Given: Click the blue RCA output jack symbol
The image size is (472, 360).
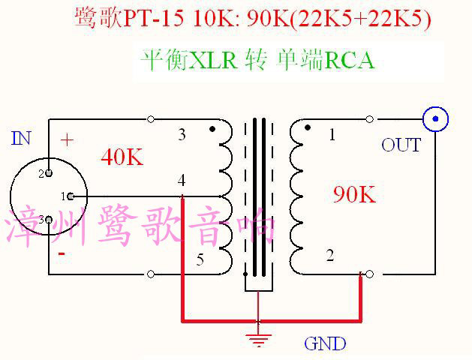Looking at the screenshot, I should pyautogui.click(x=435, y=118).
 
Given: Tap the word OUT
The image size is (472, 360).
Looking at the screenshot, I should pyautogui.click(x=401, y=145).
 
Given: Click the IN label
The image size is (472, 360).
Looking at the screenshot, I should pyautogui.click(x=22, y=138).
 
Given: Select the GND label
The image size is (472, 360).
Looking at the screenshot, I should pyautogui.click(x=325, y=344).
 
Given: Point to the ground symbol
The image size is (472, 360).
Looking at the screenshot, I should pyautogui.click(x=258, y=339).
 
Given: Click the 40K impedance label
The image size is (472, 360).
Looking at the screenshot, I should pyautogui.click(x=121, y=157).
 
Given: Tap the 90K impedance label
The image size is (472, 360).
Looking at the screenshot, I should pyautogui.click(x=353, y=195).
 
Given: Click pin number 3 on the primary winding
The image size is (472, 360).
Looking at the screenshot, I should pyautogui.click(x=182, y=135).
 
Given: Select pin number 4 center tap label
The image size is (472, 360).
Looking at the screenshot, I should pyautogui.click(x=182, y=181).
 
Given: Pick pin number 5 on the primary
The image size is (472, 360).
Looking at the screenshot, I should pyautogui.click(x=200, y=260).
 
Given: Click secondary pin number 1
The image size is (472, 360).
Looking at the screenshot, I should pyautogui.click(x=331, y=135).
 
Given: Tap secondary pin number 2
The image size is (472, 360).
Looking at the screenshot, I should pyautogui.click(x=329, y=256).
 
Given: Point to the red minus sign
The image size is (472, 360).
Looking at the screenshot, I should pyautogui.click(x=62, y=253).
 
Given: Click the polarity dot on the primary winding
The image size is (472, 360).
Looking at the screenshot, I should pyautogui.click(x=212, y=129).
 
